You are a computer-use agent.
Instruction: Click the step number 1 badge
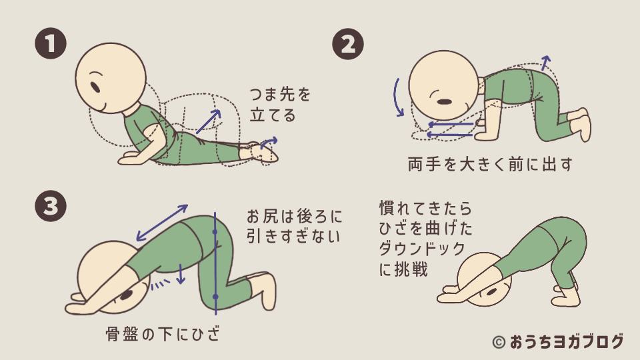[x=51, y=43]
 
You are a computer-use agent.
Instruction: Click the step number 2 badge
[x=348, y=44]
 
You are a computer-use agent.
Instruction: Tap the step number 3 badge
[x=51, y=206]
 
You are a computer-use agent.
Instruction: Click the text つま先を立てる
[x=280, y=105]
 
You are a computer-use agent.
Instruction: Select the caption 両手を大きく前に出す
[x=490, y=164]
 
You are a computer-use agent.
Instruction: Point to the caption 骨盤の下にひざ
[x=163, y=334]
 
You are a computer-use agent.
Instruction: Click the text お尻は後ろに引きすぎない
[x=294, y=226]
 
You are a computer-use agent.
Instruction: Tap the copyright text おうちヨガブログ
[x=567, y=342]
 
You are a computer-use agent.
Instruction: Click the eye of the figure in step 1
[x=95, y=87]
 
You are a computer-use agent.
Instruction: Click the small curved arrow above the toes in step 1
[x=269, y=142]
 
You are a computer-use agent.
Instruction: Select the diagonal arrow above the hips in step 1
[x=208, y=121]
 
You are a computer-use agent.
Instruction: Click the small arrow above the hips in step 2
[x=546, y=64]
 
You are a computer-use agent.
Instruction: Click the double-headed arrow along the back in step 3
[x=162, y=223]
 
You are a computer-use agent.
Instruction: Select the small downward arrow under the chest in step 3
[x=181, y=274]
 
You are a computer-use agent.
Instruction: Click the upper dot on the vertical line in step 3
[x=215, y=232]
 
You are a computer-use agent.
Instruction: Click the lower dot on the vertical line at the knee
[x=215, y=297]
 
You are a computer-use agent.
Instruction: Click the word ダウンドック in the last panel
[x=422, y=249]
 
